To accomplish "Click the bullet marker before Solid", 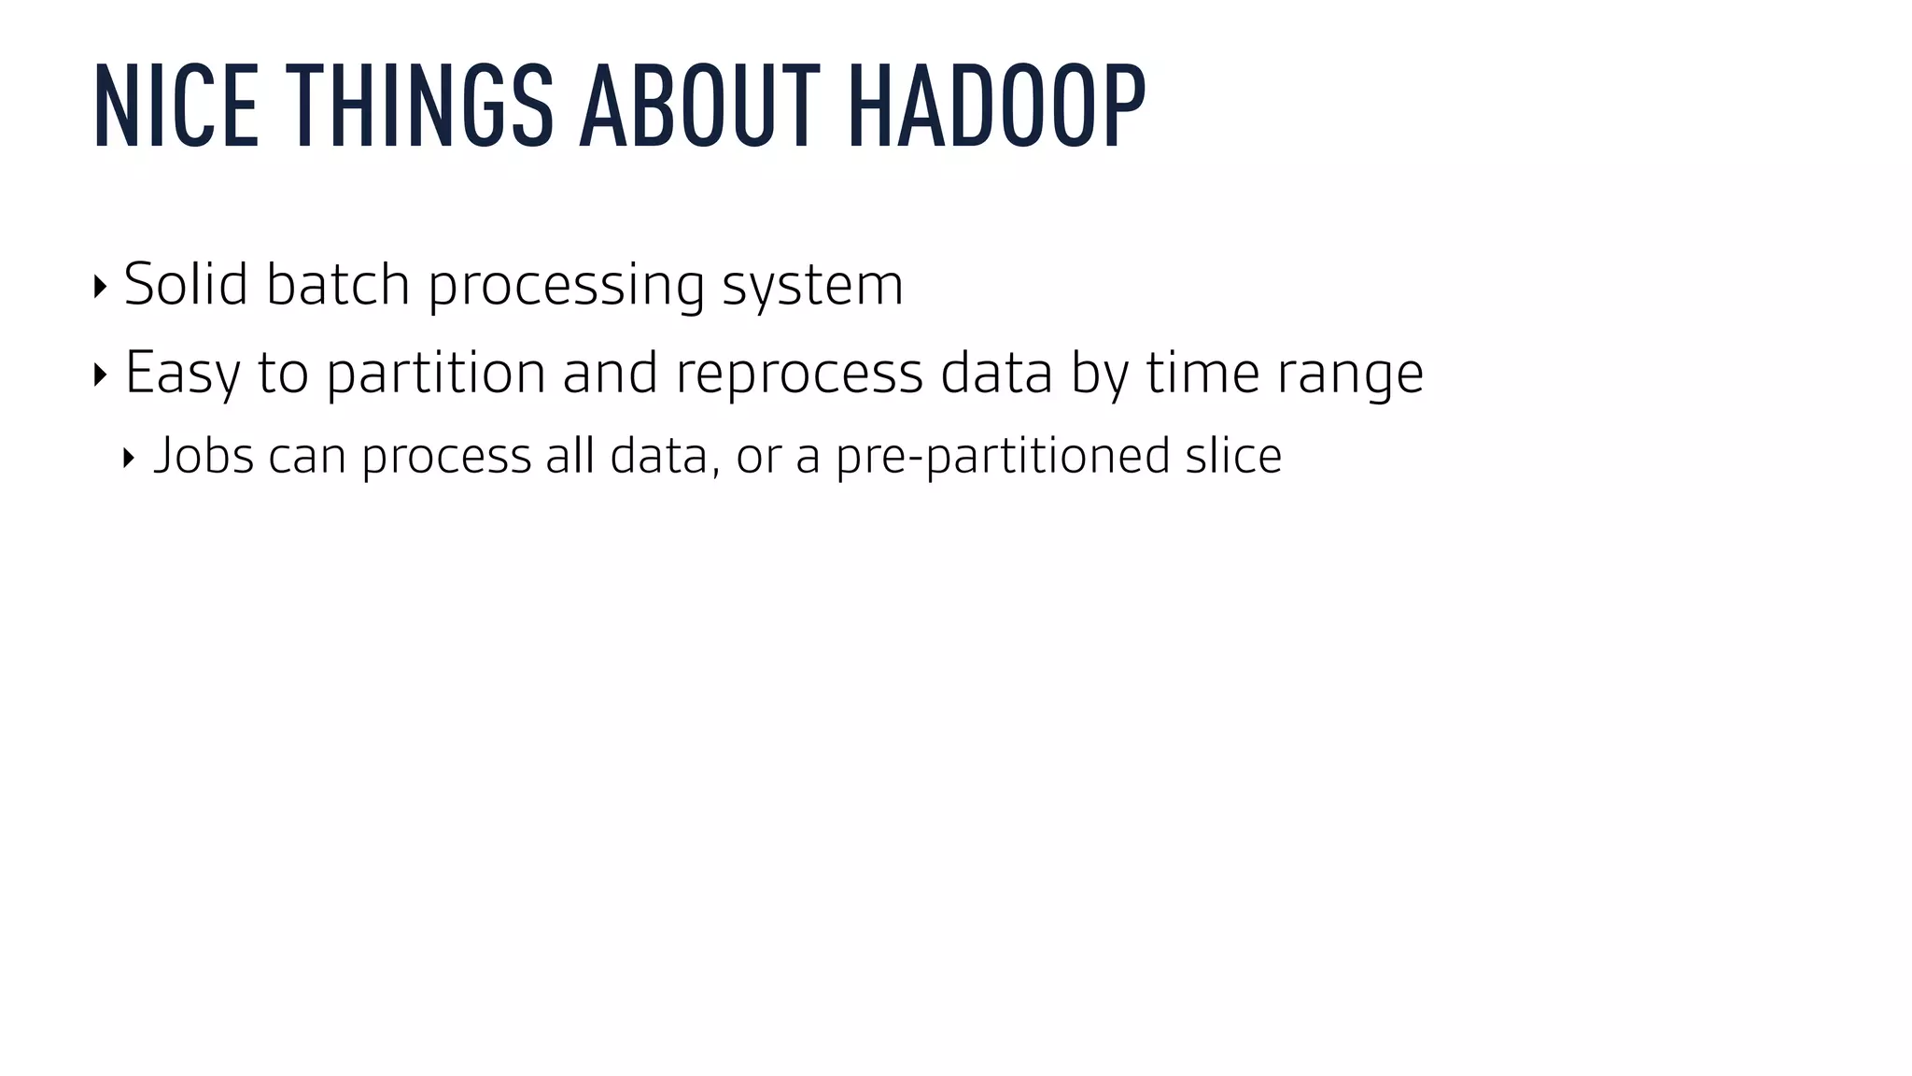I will coord(100,287).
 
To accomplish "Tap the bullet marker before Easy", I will coord(100,375).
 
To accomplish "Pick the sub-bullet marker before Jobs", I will coord(129,459).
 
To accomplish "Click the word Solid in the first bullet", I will coord(186,284).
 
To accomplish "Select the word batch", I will coord(338,284).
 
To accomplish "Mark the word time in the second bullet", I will coord(1202,372).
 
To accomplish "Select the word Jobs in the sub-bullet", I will coord(204,457).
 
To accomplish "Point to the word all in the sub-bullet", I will coord(570,456).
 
